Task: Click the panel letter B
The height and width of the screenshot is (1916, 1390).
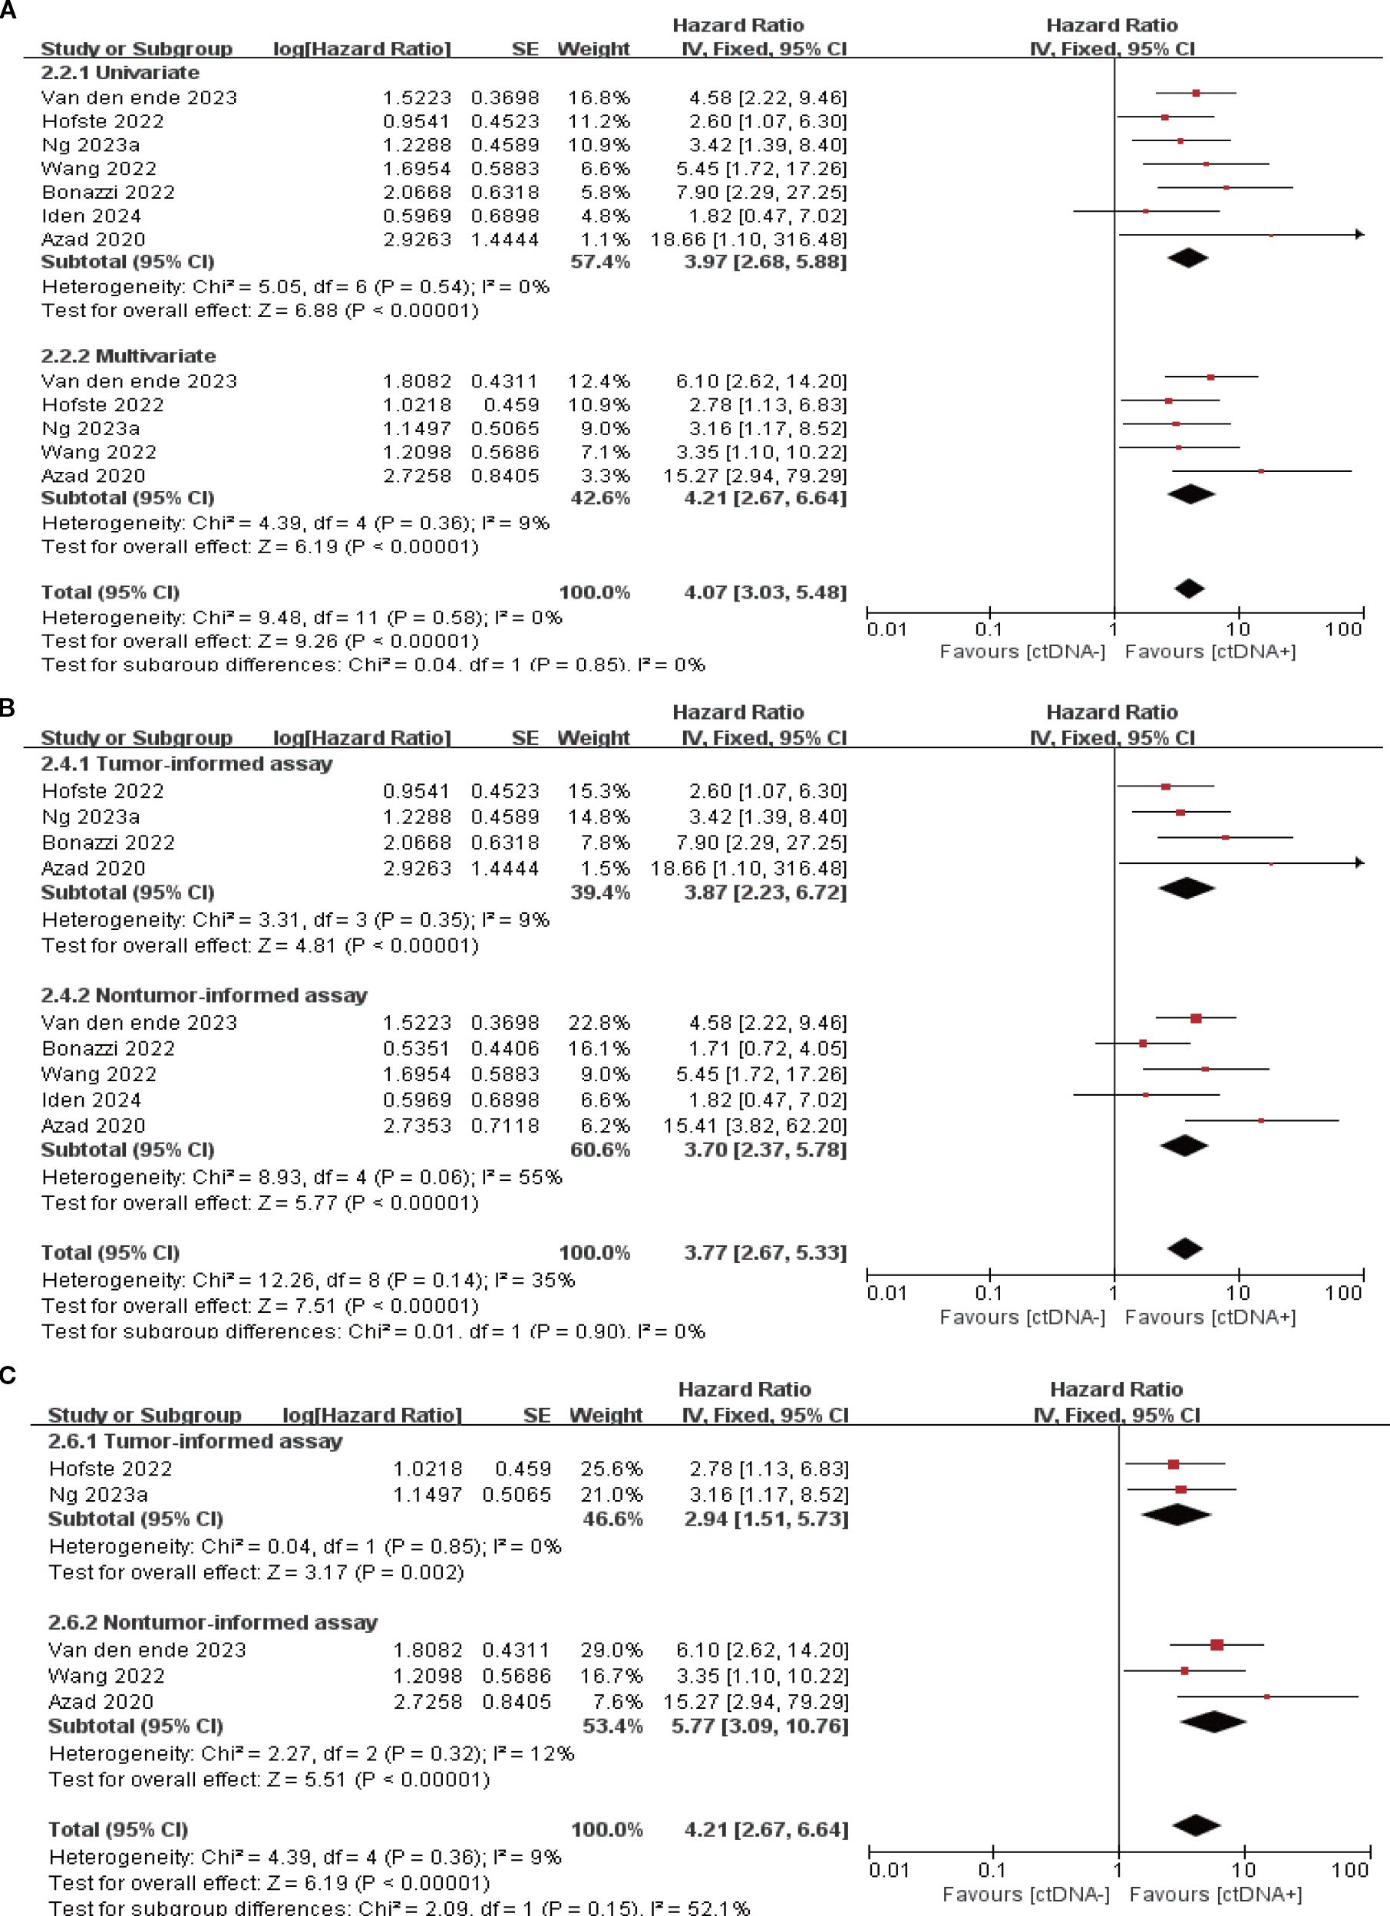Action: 8,708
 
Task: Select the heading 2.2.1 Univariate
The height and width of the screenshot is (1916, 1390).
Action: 120,73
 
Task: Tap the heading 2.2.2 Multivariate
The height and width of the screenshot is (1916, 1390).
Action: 128,356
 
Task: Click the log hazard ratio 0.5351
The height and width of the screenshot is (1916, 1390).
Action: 417,1048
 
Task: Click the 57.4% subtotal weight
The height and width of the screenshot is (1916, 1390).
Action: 600,262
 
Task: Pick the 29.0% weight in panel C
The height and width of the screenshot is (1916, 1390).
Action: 611,1650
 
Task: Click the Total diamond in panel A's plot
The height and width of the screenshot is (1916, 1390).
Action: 1189,589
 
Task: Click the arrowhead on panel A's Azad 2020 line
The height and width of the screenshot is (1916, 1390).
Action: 1359,234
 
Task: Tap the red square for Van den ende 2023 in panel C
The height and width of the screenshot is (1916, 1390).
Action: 1217,1645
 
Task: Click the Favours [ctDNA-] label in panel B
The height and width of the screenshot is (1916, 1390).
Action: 1022,1317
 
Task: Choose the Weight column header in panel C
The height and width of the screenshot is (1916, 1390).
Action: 606,1415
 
